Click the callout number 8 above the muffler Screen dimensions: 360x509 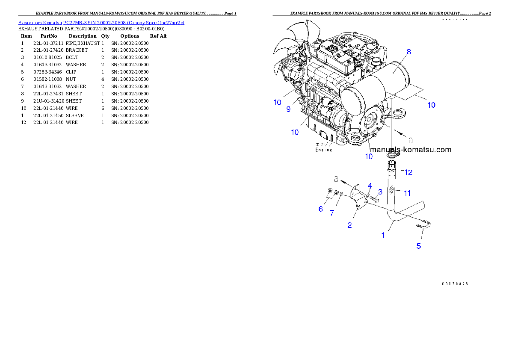tap(409, 52)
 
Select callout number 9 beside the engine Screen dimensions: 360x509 tap(288, 109)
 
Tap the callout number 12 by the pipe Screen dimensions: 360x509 tap(408, 172)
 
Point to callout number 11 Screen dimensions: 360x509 tap(407, 193)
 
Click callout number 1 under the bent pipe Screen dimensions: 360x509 tap(383, 235)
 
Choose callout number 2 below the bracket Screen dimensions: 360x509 tap(349, 225)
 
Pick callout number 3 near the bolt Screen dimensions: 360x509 tap(380, 192)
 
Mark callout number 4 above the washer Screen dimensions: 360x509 tap(370, 185)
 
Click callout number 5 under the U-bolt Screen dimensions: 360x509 tap(419, 246)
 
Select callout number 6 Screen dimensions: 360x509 tap(320, 209)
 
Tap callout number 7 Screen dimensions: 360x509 tap(332, 212)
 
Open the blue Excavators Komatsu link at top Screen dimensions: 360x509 tap(101, 23)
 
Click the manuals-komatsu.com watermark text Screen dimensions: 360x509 tap(411, 150)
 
